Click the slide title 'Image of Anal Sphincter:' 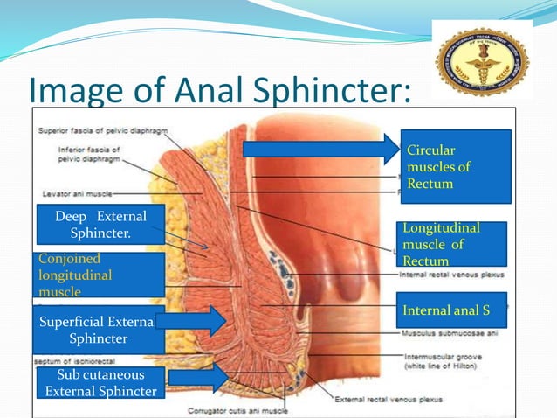pos(218,89)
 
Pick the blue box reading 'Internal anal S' pos(452,310)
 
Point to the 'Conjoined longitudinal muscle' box pos(100,275)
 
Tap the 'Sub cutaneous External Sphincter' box pos(101,383)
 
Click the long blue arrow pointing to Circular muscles pos(320,150)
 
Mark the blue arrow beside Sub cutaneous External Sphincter pos(198,378)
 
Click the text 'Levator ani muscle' pos(76,193)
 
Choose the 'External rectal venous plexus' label pos(385,400)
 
